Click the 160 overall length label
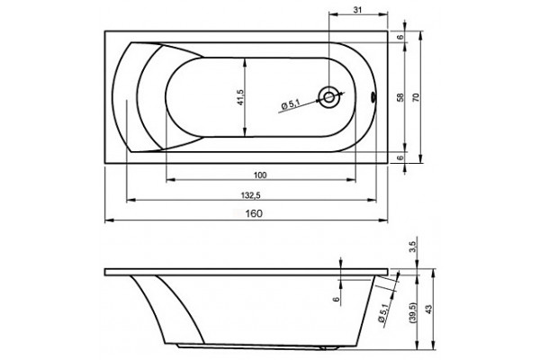pyautogui.click(x=254, y=213)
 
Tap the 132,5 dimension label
pyautogui.click(x=251, y=195)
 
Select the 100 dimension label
pyautogui.click(x=260, y=175)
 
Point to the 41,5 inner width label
pyautogui.click(x=240, y=97)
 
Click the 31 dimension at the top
pyautogui.click(x=358, y=10)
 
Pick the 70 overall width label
pyautogui.click(x=416, y=97)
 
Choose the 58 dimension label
pyautogui.click(x=400, y=97)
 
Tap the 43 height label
pyautogui.click(x=428, y=309)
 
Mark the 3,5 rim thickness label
pyautogui.click(x=413, y=247)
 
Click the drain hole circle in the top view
pyautogui.click(x=328, y=97)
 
